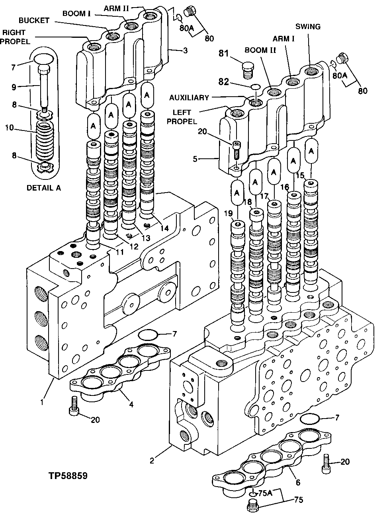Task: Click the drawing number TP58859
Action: pyautogui.click(x=68, y=475)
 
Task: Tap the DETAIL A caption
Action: pyautogui.click(x=44, y=188)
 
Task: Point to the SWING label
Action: pyautogui.click(x=308, y=27)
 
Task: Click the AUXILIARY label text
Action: pyautogui.click(x=189, y=97)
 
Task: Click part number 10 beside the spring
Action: pyautogui.click(x=10, y=128)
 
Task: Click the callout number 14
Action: pyautogui.click(x=164, y=228)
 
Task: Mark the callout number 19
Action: pyautogui.click(x=228, y=214)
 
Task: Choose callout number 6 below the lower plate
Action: pyautogui.click(x=298, y=483)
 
